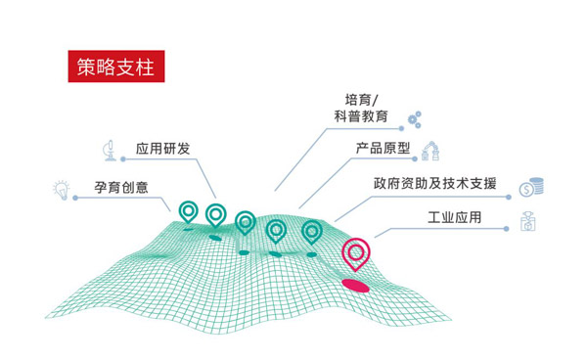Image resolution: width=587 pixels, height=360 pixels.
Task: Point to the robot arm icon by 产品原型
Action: (x=430, y=152)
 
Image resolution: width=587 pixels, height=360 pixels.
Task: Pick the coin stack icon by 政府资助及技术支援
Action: (x=531, y=185)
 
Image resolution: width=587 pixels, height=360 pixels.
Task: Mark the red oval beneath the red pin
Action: (x=355, y=285)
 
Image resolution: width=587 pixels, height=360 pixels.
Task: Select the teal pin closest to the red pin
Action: (x=312, y=232)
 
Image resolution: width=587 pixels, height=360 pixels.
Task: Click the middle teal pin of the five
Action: (x=245, y=222)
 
